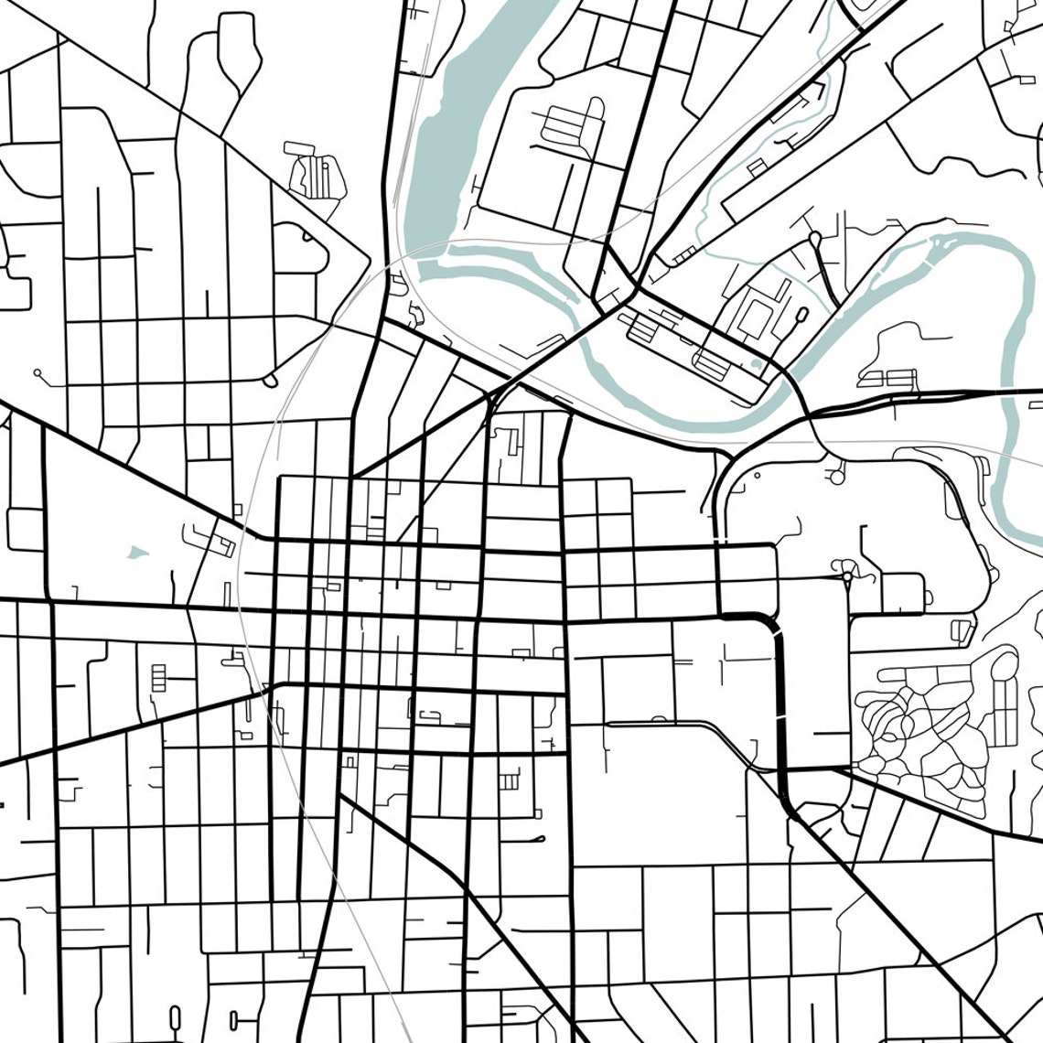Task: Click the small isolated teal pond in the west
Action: click(136, 552)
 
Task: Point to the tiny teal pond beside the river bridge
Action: click(755, 365)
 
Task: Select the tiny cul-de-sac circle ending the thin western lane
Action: click(38, 372)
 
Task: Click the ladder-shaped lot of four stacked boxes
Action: click(160, 678)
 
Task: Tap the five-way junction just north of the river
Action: click(636, 288)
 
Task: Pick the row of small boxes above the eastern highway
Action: click(887, 378)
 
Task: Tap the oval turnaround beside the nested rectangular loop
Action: click(802, 315)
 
